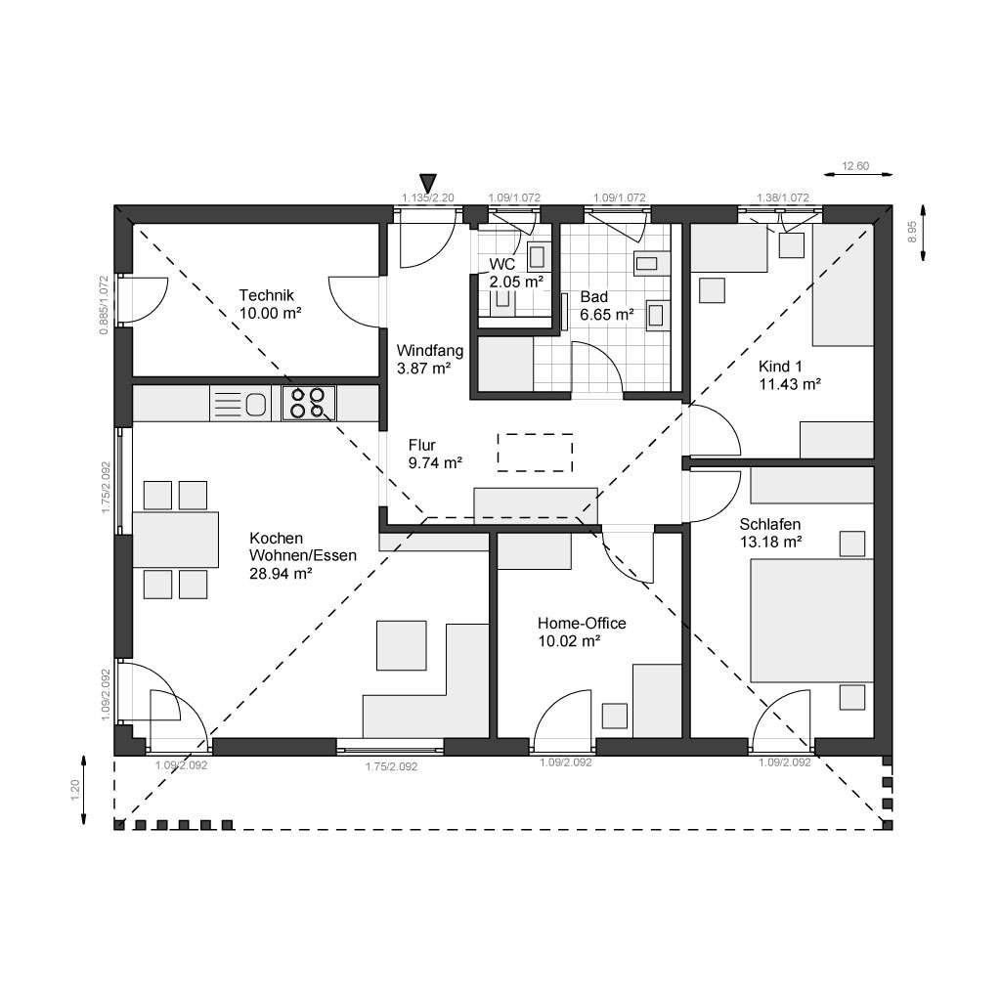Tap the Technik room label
[x=267, y=295]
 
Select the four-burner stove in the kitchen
[x=309, y=403]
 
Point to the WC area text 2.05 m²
[x=515, y=282]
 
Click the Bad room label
[x=593, y=296]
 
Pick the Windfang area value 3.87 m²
[x=422, y=369]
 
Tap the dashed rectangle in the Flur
[x=535, y=452]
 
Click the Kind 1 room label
[x=780, y=367]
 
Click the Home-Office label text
[x=582, y=624]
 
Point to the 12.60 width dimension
[x=855, y=166]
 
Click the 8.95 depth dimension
[x=911, y=232]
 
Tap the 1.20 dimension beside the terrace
[x=75, y=789]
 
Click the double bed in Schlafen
[x=810, y=620]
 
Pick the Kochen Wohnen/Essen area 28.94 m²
[x=281, y=574]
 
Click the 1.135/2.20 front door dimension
[x=428, y=197]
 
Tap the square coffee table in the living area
[x=402, y=645]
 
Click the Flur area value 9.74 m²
[x=435, y=463]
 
